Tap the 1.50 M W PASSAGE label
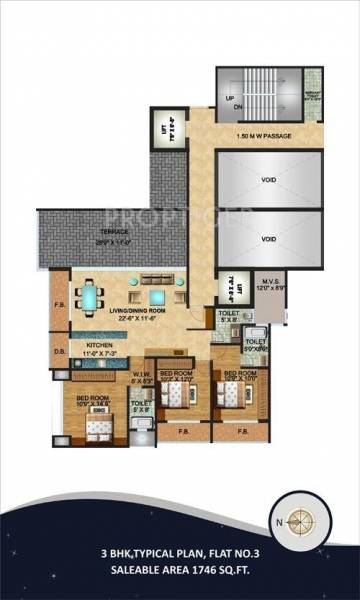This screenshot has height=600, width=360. tap(263, 136)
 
